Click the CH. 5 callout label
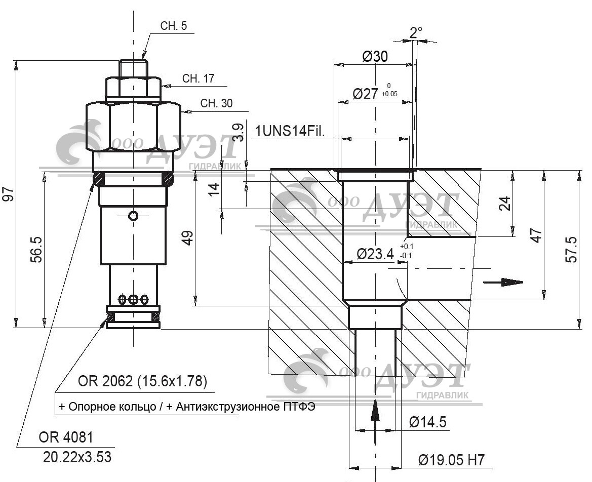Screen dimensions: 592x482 tap(173, 26)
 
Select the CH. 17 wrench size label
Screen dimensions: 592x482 tap(198, 78)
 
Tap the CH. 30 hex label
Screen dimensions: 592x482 tap(216, 103)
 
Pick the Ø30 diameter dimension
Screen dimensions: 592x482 tap(375, 57)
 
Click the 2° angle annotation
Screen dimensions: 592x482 tap(416, 33)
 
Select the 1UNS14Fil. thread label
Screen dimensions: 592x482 tap(290, 131)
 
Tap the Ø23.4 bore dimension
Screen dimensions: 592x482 tap(375, 254)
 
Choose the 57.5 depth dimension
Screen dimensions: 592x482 tap(572, 249)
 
